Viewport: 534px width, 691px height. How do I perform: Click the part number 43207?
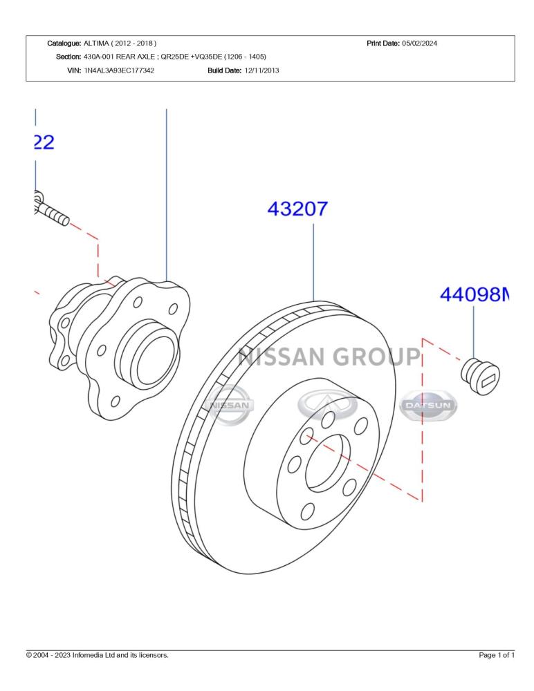(297, 209)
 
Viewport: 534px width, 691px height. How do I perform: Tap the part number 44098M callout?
(475, 294)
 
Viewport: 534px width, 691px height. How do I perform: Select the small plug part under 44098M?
(480, 377)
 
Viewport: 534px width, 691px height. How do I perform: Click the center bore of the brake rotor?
(327, 462)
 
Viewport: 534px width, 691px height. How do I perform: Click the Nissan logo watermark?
(228, 405)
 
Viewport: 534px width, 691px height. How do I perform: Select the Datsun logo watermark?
(427, 405)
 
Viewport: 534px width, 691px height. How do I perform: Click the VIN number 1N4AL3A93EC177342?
(119, 70)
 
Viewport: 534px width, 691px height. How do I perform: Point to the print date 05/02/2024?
(419, 43)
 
